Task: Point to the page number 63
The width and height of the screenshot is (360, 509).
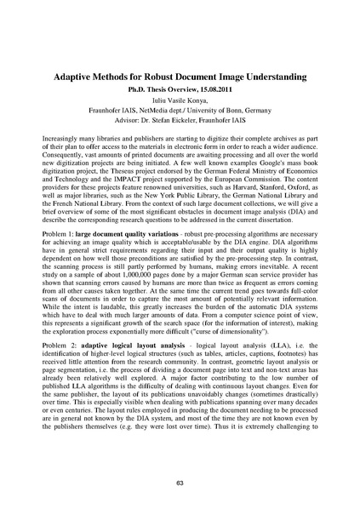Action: (180, 483)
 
